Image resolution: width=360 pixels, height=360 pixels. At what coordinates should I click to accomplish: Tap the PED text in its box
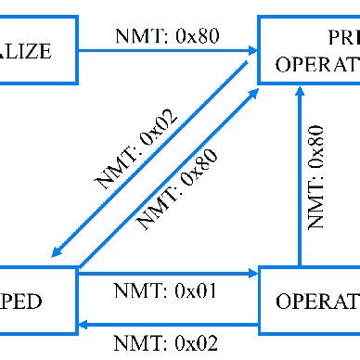(22, 302)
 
